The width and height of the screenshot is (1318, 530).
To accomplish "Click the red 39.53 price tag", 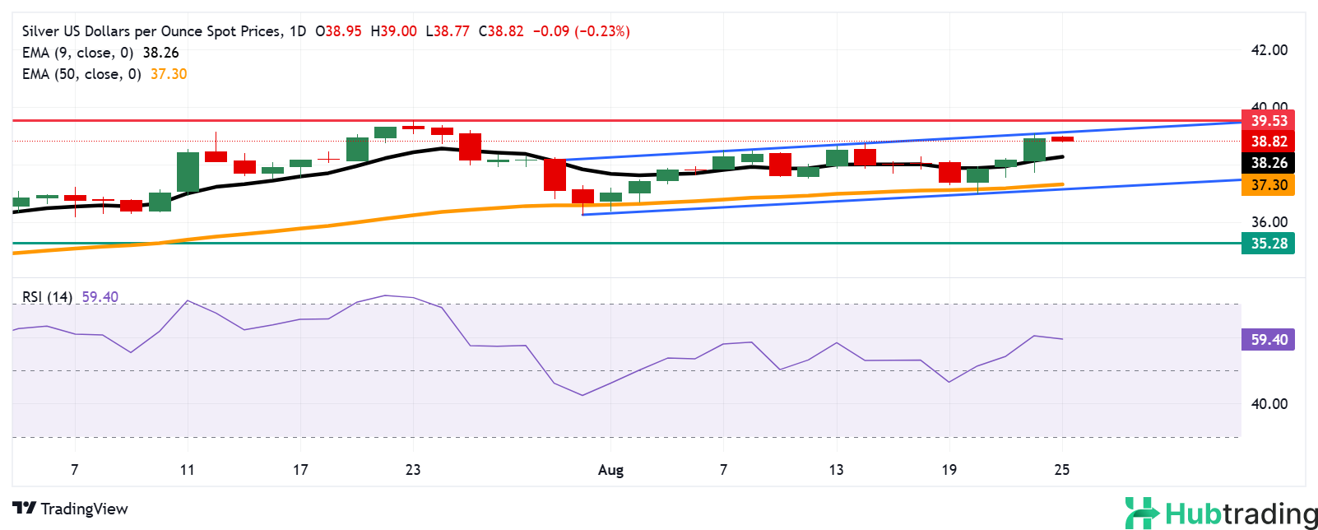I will [1268, 121].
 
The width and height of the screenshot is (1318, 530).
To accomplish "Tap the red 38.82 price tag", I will [1268, 142].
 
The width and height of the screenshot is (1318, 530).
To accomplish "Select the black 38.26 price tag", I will [1268, 163].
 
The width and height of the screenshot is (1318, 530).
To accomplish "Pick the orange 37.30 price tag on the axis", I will [1268, 185].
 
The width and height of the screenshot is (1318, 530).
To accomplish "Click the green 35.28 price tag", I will [1268, 244].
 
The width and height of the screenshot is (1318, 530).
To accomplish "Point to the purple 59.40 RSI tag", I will [1268, 340].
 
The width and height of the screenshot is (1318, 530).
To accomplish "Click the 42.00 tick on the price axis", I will [1269, 50].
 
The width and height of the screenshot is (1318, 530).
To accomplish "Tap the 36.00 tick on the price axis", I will [1269, 222].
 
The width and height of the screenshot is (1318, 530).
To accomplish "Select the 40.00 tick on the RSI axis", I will [1269, 404].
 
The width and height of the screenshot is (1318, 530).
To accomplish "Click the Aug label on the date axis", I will [610, 470].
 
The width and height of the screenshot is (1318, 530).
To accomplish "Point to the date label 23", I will [413, 470].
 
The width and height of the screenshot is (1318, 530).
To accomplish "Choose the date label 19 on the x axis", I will [949, 470].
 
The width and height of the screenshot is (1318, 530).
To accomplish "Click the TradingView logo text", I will [84, 509].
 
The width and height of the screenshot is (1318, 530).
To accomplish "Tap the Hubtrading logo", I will [1221, 514].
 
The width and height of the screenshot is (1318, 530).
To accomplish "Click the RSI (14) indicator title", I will [48, 297].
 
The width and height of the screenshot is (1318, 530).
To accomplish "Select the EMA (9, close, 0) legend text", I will [77, 53].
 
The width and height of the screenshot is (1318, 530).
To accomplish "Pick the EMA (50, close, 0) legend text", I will [81, 74].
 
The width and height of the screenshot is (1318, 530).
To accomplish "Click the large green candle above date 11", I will [188, 171].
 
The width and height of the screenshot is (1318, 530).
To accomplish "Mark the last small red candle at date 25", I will [1062, 139].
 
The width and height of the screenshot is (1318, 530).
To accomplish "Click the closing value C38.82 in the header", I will [500, 31].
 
